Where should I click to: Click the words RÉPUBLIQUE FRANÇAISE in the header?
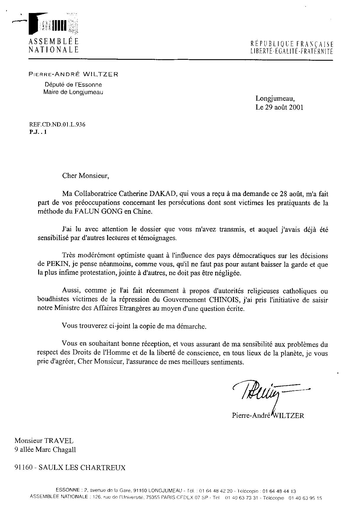click(x=292, y=44)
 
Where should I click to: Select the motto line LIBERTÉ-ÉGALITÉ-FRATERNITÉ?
click(x=292, y=51)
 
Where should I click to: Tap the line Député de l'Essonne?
click(x=73, y=85)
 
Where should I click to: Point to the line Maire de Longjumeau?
click(x=73, y=92)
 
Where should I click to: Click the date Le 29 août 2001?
click(x=279, y=107)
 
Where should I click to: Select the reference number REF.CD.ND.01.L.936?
click(x=57, y=125)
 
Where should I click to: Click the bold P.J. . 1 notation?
click(x=38, y=132)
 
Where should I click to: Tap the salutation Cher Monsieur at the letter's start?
click(x=86, y=176)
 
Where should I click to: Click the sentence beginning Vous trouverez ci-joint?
click(x=134, y=326)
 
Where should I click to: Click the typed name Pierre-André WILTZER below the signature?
click(x=268, y=415)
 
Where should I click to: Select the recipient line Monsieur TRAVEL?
click(x=44, y=441)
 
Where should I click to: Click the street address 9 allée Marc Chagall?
click(x=45, y=450)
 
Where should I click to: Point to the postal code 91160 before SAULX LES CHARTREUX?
click(x=24, y=468)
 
